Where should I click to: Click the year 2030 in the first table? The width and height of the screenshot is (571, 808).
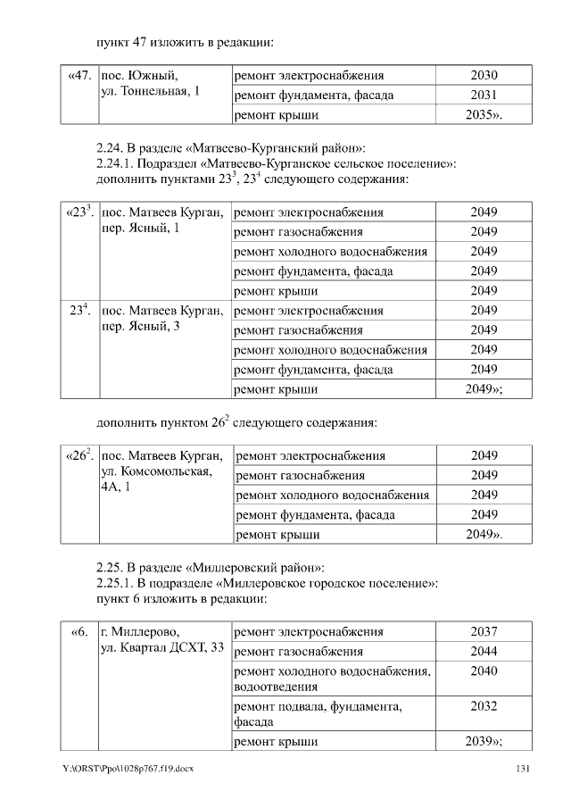point(484,75)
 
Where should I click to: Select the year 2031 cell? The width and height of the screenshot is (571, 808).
point(484,95)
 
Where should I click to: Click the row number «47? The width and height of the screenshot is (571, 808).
point(79,75)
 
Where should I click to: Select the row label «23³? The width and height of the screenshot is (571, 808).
point(80,212)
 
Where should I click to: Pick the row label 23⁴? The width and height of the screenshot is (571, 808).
point(80,311)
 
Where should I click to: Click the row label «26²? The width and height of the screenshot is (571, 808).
point(80,455)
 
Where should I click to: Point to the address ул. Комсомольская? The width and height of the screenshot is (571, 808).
point(156,472)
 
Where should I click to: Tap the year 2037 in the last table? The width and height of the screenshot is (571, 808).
point(484,632)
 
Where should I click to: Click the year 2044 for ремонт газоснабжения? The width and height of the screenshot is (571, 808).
point(484,652)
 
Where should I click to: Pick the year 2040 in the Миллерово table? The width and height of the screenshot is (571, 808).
point(484,671)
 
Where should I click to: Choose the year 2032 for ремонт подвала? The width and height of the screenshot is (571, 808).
point(484,706)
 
